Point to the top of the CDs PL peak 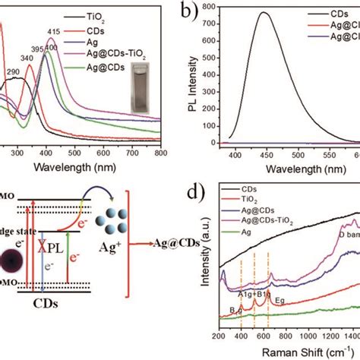pyautogui.click(x=262, y=13)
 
